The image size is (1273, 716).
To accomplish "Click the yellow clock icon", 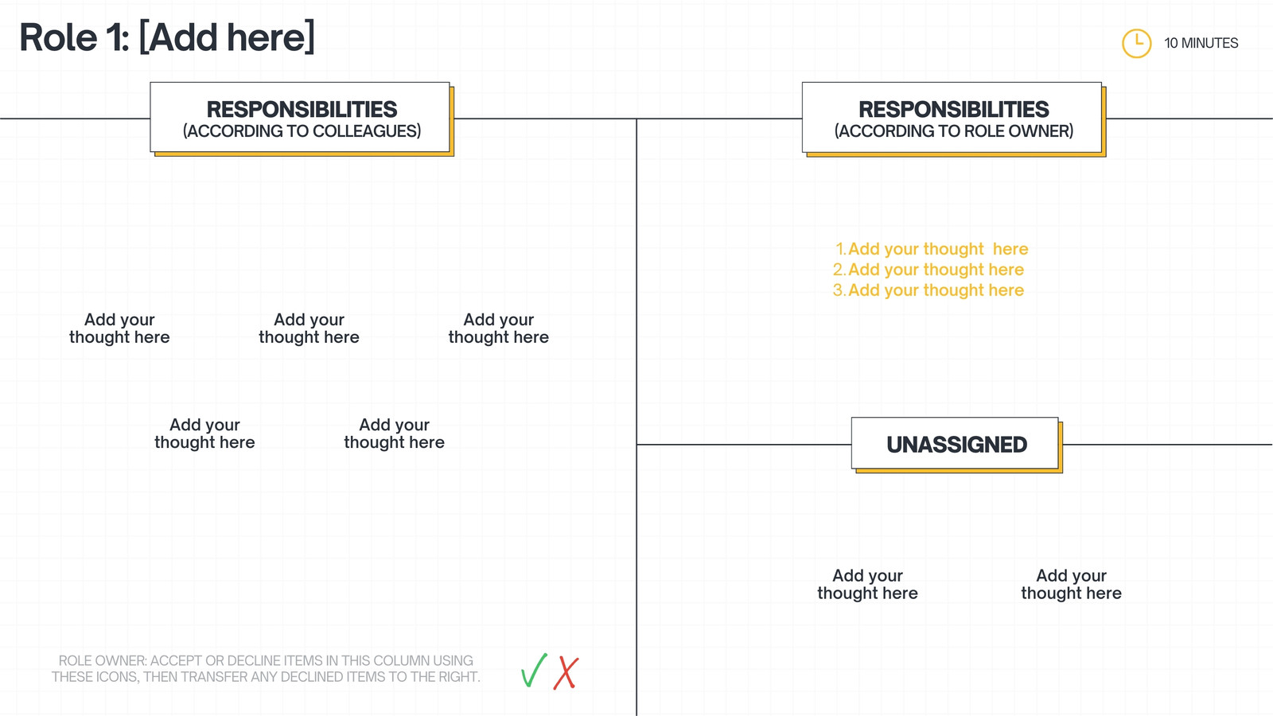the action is [1137, 43].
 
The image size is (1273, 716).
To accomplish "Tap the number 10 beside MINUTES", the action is [1170, 43].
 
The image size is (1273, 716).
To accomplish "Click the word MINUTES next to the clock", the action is [1209, 43].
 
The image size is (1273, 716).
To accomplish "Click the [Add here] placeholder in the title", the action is [227, 37].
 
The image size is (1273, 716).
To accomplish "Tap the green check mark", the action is [534, 671].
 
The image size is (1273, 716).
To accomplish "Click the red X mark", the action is [566, 673].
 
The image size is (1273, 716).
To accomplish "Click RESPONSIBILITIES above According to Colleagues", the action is [302, 109].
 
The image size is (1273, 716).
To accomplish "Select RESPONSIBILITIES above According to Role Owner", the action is [954, 109].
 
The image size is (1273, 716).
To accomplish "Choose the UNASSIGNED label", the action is [957, 445].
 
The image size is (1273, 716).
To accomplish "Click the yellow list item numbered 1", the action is [932, 249].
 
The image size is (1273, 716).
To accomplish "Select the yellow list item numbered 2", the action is [928, 270].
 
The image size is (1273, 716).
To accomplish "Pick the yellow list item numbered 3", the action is [928, 290].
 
